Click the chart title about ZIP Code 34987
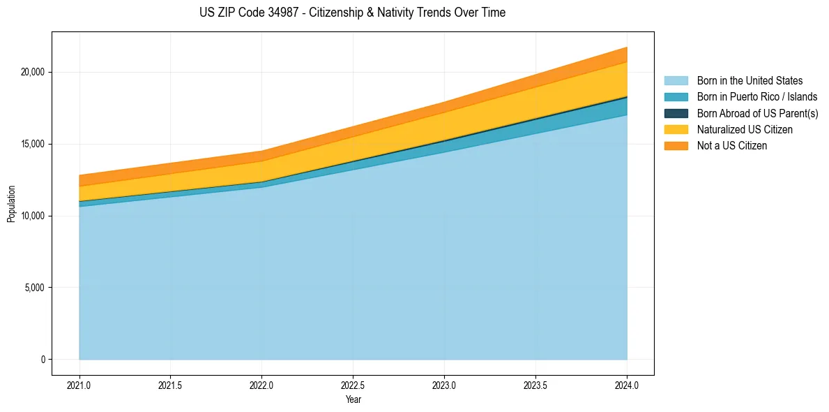(352, 13)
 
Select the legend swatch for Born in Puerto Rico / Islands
(676, 97)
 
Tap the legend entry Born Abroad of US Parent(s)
(757, 113)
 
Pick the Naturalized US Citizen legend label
(745, 130)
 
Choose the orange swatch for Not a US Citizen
(676, 146)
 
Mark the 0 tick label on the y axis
(42, 360)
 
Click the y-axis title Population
(11, 204)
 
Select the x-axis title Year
(353, 399)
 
